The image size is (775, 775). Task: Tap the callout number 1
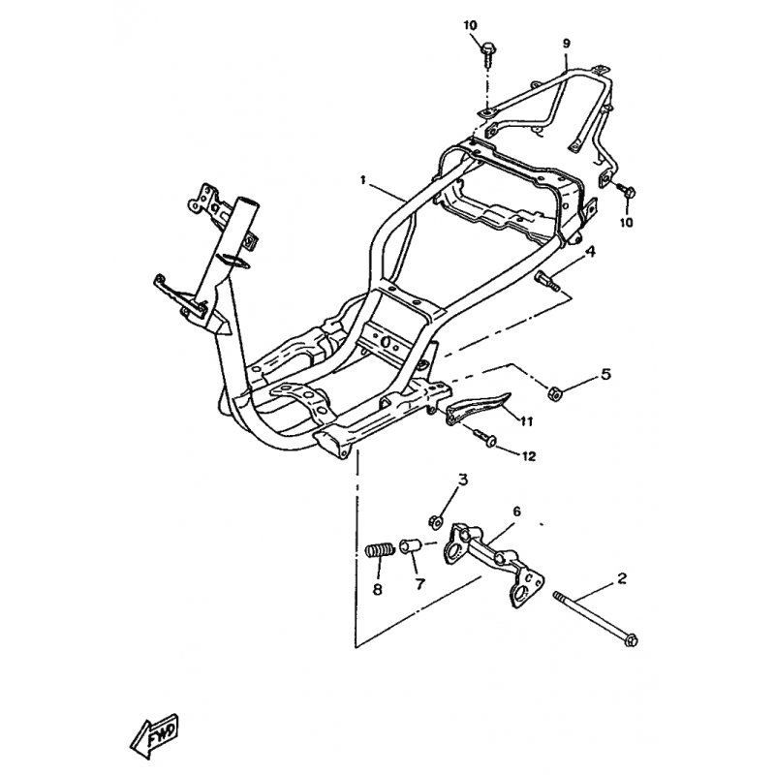tap(363, 180)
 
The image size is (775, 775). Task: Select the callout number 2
tap(622, 577)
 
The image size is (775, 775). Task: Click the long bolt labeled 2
tap(596, 619)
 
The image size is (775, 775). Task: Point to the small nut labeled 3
tap(435, 521)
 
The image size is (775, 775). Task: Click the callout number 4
tap(590, 252)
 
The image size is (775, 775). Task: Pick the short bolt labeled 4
tap(547, 280)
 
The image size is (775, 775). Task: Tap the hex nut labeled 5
tap(553, 393)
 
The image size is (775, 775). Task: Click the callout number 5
tap(605, 374)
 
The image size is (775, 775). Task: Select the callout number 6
tap(516, 511)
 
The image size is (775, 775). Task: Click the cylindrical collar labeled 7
tap(410, 546)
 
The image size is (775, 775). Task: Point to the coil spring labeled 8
tap(380, 550)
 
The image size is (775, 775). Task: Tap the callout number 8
tap(378, 589)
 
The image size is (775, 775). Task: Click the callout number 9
tap(567, 44)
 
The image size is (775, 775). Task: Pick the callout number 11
tap(526, 420)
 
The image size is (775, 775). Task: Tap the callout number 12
tap(529, 455)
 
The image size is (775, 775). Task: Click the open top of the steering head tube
tap(247, 202)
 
